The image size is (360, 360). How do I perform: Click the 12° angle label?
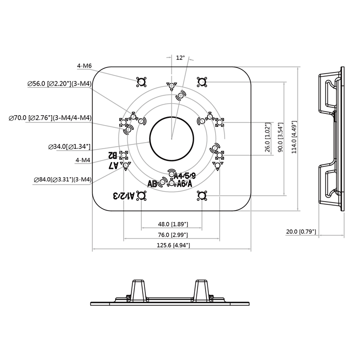pyautogui.click(x=180, y=58)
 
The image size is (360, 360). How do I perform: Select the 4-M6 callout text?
pyautogui.click(x=84, y=66)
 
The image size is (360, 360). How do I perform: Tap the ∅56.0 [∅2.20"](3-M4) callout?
pyautogui.click(x=59, y=84)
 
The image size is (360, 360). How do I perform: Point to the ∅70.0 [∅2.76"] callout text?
pyautogui.click(x=50, y=118)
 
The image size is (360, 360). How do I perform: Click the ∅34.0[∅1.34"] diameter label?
pyautogui.click(x=69, y=147)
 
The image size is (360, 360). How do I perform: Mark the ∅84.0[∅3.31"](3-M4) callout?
pyautogui.click(x=63, y=180)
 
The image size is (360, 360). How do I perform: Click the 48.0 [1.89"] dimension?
pyautogui.click(x=173, y=224)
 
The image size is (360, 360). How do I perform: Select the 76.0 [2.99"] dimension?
pyautogui.click(x=172, y=235)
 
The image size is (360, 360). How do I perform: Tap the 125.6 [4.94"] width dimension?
pyautogui.click(x=172, y=245)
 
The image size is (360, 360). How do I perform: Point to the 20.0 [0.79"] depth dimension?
pyautogui.click(x=301, y=232)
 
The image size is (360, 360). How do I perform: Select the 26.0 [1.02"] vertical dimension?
pyautogui.click(x=267, y=138)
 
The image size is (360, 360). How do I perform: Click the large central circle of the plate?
pyautogui.click(x=171, y=138)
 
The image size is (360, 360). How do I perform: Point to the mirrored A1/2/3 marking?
pyautogui.click(x=124, y=195)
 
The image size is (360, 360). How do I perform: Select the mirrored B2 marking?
pyautogui.click(x=112, y=155)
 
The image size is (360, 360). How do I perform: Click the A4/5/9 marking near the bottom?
pyautogui.click(x=184, y=176)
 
